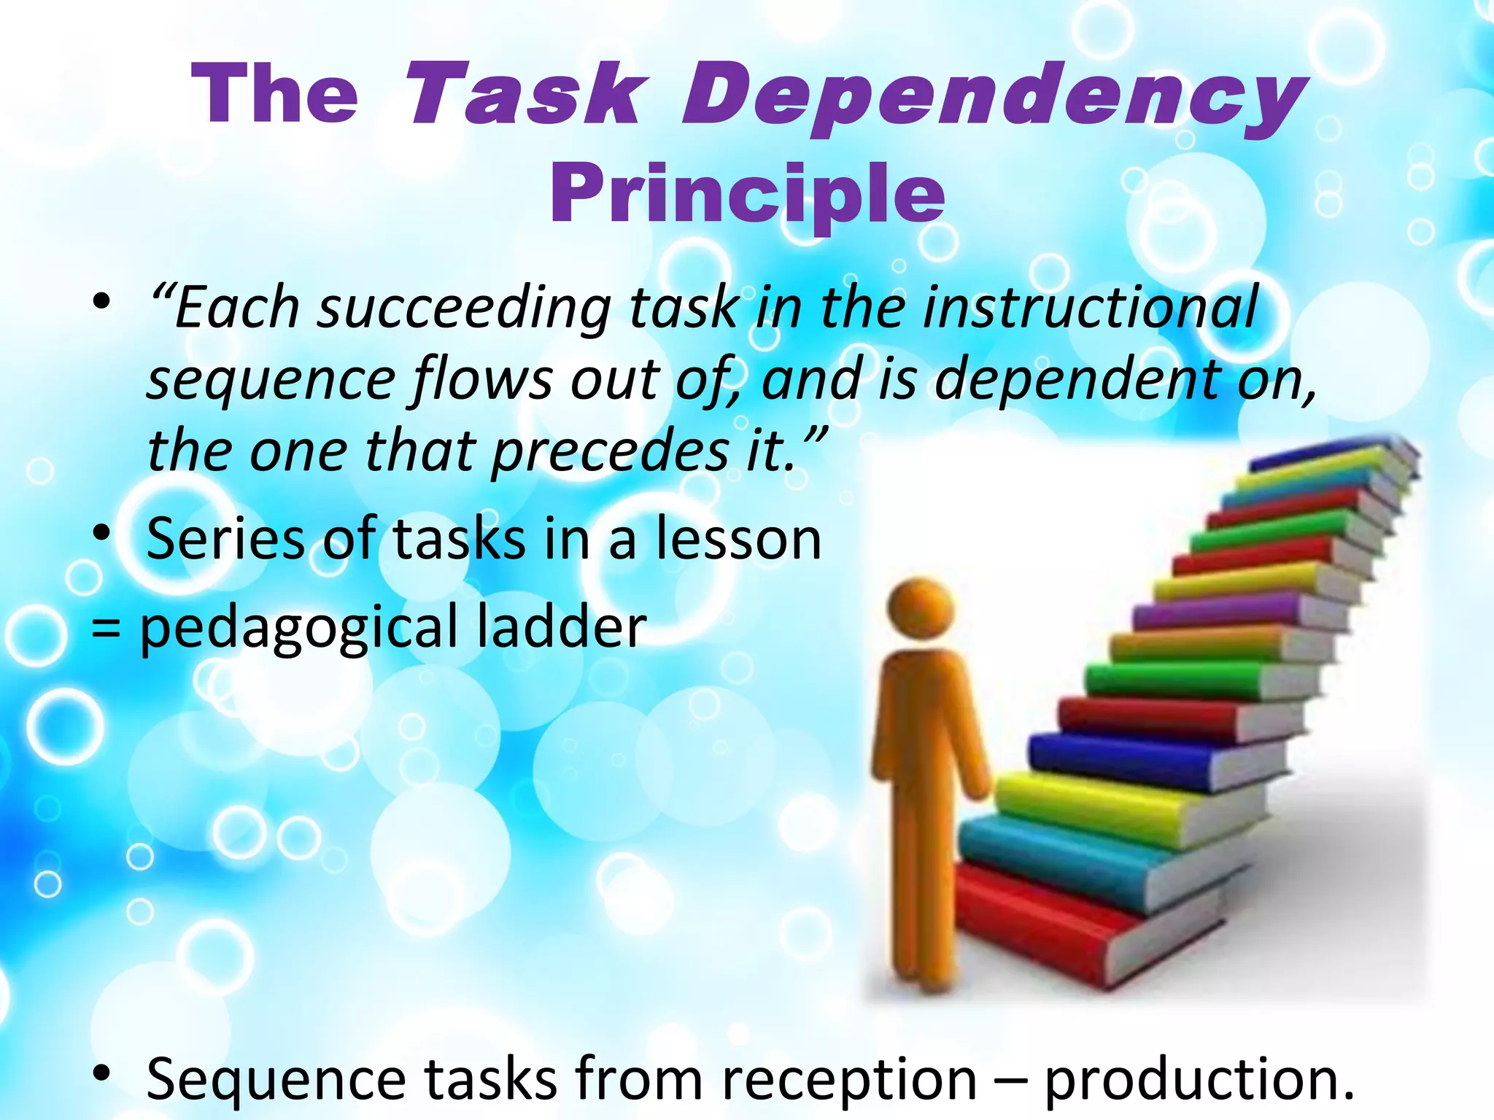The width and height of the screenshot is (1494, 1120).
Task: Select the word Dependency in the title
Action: (x=992, y=98)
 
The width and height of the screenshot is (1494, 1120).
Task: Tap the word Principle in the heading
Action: (x=747, y=193)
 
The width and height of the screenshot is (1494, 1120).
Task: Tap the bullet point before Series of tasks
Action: (x=101, y=534)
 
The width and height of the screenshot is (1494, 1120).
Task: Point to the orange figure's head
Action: (x=921, y=610)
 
